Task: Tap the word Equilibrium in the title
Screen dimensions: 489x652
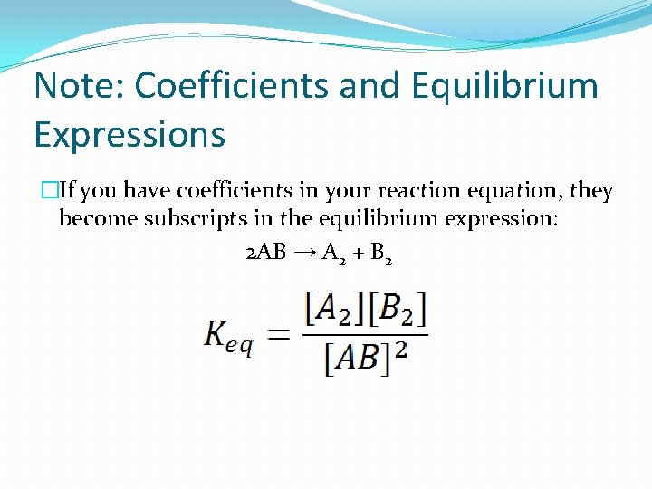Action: [504, 87]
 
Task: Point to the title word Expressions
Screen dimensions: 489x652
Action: [129, 135]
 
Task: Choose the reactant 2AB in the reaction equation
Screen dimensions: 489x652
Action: [265, 253]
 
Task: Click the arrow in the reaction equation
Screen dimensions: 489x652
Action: [304, 253]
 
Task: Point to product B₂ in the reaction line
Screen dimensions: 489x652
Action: [381, 254]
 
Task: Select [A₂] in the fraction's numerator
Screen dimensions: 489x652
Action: [333, 311]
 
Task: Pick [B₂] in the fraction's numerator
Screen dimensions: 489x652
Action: [397, 311]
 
